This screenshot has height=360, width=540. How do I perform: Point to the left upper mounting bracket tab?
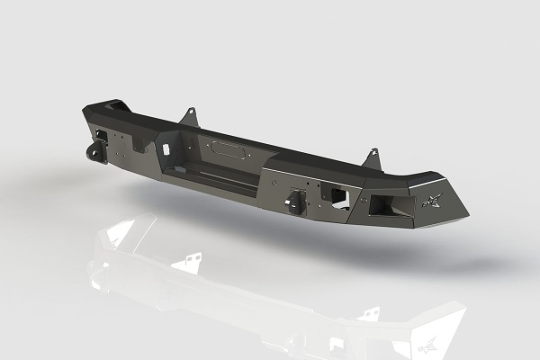tap(188, 117)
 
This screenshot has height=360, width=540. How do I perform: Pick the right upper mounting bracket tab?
tap(372, 158)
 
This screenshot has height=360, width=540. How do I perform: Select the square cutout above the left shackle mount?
tap(103, 137)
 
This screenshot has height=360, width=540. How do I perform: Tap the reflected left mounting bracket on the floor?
tap(188, 262)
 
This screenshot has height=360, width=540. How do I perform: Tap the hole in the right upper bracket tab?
tap(373, 157)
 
